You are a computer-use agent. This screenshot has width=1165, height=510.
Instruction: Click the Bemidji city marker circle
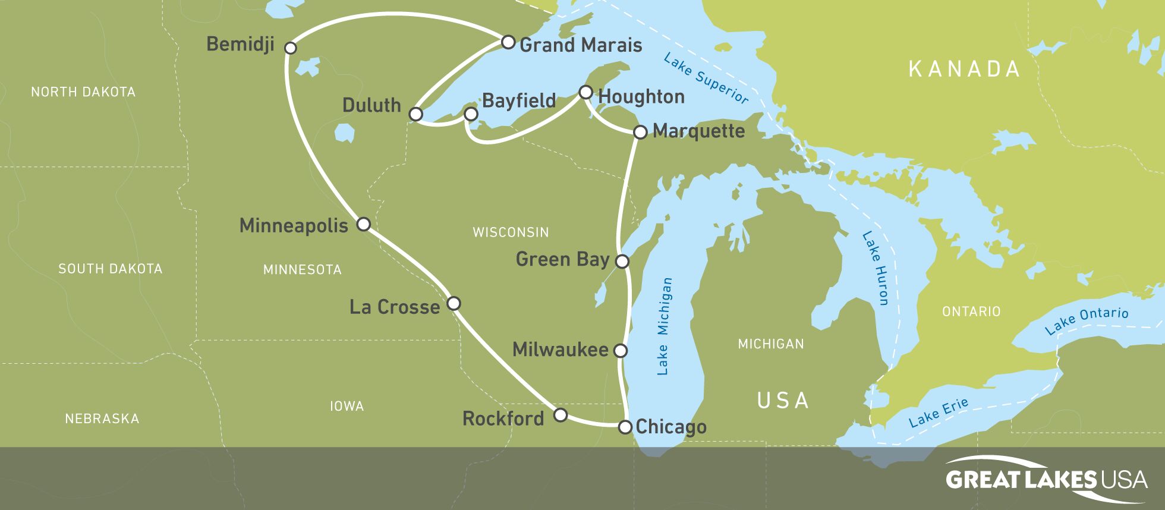point(290,48)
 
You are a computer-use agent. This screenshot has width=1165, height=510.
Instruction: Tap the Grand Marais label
point(581,45)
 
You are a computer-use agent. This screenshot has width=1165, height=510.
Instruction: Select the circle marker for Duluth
point(416,114)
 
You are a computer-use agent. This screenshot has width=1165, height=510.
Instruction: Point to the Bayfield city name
point(518,100)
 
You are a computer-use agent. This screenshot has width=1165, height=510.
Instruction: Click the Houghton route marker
point(585,92)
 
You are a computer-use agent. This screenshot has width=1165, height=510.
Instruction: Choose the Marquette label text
point(698,131)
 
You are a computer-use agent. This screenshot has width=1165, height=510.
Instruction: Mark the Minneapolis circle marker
point(363,224)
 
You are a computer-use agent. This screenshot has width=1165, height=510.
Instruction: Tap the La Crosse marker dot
point(454,303)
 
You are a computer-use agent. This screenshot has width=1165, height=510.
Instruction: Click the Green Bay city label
point(562,259)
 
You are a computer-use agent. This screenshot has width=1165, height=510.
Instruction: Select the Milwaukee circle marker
point(620,350)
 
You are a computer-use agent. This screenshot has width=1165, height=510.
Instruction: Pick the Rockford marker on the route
point(560,414)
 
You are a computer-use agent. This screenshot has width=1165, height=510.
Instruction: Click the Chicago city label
point(671,427)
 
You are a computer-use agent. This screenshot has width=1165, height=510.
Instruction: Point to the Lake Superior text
point(706,78)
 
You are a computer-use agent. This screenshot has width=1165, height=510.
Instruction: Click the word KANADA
point(964,70)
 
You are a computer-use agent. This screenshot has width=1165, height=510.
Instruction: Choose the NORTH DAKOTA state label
point(83,92)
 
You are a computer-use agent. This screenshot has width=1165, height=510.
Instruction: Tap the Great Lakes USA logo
point(1046,478)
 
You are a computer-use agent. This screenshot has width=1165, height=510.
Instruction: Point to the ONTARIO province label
point(971,311)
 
